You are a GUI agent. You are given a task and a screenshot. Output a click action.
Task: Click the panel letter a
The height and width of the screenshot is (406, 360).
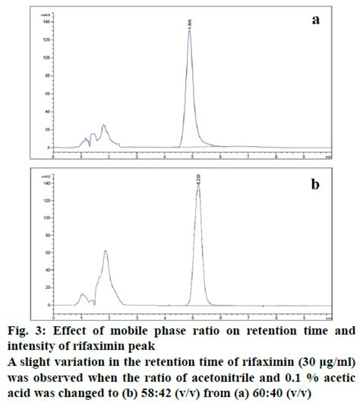click(x=314, y=21)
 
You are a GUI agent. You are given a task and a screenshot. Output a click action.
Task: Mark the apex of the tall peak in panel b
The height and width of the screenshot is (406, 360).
click(x=198, y=184)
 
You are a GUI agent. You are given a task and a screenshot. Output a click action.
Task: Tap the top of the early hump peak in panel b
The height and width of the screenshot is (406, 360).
click(x=106, y=251)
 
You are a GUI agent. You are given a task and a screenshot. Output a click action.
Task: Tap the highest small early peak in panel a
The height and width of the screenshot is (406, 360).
click(x=103, y=125)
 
